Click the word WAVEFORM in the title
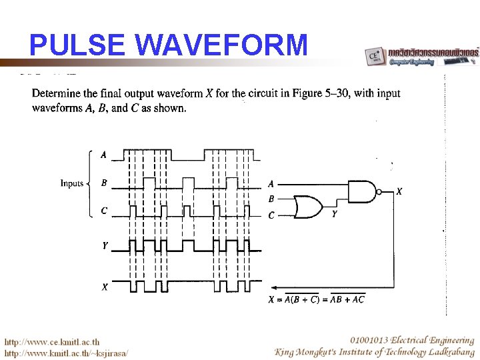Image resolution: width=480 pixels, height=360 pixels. pos(221,46)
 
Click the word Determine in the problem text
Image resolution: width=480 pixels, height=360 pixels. pos(57,93)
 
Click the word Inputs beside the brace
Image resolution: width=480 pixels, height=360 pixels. pos(72,183)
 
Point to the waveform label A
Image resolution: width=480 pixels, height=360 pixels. pos(103,155)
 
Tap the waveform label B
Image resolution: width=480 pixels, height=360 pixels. pos(103,183)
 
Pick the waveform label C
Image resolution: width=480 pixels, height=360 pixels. pos(103,211)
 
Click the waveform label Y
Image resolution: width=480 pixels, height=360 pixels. pos(105,246)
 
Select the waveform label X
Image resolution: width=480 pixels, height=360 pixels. pos(105,287)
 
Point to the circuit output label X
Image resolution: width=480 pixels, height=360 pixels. pos(399,192)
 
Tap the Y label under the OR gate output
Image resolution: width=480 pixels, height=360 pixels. pos(334,215)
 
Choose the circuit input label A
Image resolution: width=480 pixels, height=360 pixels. pos(271,183)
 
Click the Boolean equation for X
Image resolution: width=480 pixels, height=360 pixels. pos(316,299)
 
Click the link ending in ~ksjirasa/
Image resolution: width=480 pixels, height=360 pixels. pos(67,353)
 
